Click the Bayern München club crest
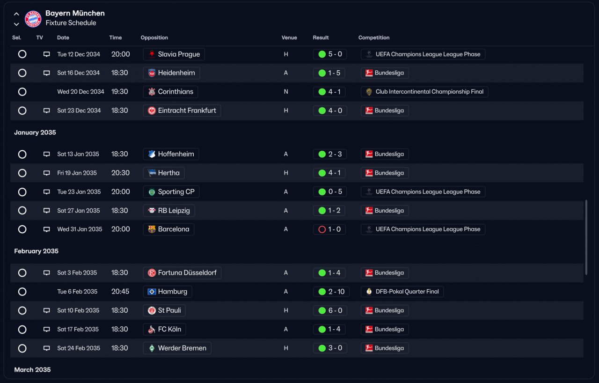[33, 19]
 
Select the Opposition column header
[154, 37]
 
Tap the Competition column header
[374, 37]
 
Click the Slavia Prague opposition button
[174, 54]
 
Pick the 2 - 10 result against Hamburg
[331, 292]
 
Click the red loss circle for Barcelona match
[322, 229]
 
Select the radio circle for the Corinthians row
[22, 92]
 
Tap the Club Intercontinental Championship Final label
[424, 92]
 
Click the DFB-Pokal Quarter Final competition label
[402, 292]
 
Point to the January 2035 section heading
[35, 133]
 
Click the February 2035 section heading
[37, 251]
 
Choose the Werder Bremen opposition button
[177, 348]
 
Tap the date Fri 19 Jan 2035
[77, 173]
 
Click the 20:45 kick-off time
[120, 292]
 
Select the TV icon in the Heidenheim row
[46, 73]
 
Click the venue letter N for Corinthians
[286, 92]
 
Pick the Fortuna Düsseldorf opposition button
[182, 273]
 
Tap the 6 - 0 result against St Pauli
[330, 310]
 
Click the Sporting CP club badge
[152, 192]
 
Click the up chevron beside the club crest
[16, 14]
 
